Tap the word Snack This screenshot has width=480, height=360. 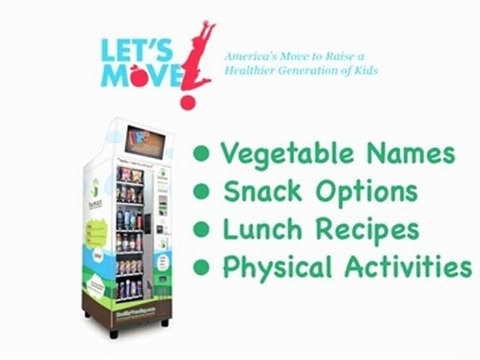[x=257, y=191]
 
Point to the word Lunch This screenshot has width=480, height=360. [x=258, y=229]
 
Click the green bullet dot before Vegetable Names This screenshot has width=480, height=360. [x=202, y=154]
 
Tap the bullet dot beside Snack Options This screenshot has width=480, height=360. [x=202, y=191]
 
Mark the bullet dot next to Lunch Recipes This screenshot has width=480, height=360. [x=202, y=229]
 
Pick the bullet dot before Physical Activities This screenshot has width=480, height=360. [x=202, y=267]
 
